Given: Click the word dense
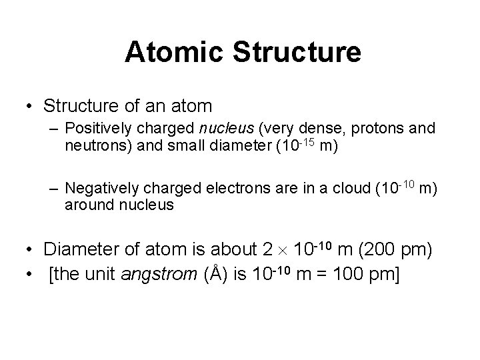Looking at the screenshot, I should pos(315,129).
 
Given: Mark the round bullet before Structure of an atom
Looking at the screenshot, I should pos(29,107).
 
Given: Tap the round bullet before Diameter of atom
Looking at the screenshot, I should pos(29,250).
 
